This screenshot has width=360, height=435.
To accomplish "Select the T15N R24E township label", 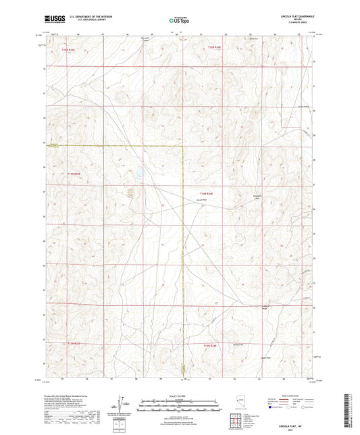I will coord(214,47).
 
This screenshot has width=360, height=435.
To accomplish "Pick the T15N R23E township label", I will coord(70,49).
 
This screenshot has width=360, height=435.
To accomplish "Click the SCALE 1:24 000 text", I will coord(180,396).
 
